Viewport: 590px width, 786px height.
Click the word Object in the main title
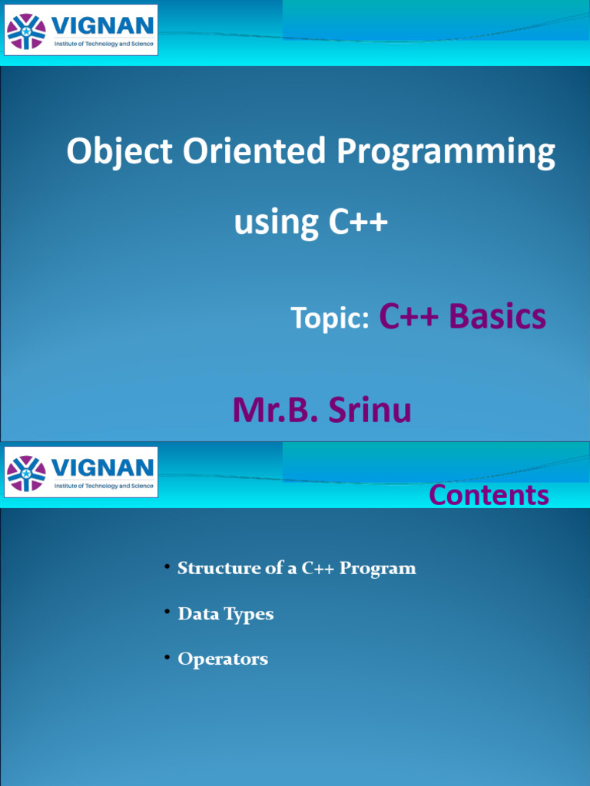(119, 152)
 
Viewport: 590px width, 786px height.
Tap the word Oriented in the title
(254, 150)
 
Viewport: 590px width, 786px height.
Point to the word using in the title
(276, 223)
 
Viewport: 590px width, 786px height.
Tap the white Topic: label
(330, 318)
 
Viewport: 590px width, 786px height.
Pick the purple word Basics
(497, 316)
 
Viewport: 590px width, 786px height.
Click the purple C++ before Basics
(409, 316)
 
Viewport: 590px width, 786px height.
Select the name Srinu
(370, 410)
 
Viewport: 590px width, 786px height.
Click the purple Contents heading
(489, 495)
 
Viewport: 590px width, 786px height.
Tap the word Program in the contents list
(378, 569)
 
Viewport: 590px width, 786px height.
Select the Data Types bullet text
(226, 614)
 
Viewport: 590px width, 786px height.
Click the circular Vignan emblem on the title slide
(26, 31)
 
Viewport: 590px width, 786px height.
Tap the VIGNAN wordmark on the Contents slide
(102, 467)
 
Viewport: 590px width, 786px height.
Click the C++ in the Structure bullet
(317, 568)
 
